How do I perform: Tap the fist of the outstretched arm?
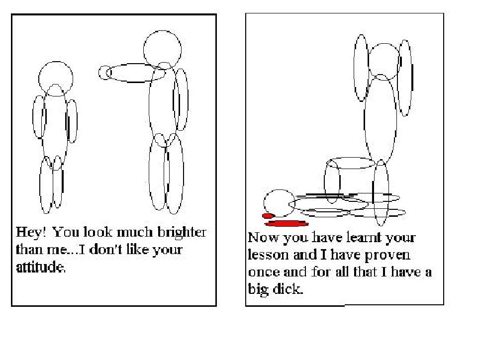pyautogui.click(x=105, y=73)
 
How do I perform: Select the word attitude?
pyautogui.click(x=41, y=267)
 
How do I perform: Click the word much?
pyautogui.click(x=134, y=232)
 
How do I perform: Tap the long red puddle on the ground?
pyautogui.click(x=286, y=224)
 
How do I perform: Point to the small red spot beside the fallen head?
pyautogui.click(x=268, y=216)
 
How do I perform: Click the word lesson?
pyautogui.click(x=268, y=255)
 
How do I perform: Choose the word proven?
pyautogui.click(x=387, y=256)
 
